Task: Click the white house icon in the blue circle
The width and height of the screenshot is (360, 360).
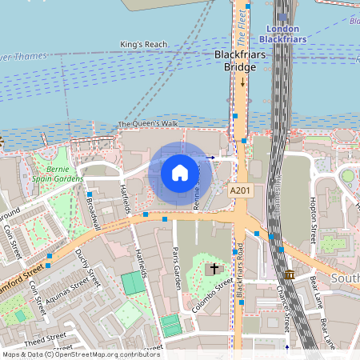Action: [180, 172]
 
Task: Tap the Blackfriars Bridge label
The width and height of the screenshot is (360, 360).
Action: [235, 61]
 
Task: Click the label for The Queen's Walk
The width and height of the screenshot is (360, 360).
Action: [148, 124]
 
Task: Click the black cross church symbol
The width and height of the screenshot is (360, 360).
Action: [214, 269]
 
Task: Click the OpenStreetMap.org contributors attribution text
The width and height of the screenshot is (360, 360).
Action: [104, 354]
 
